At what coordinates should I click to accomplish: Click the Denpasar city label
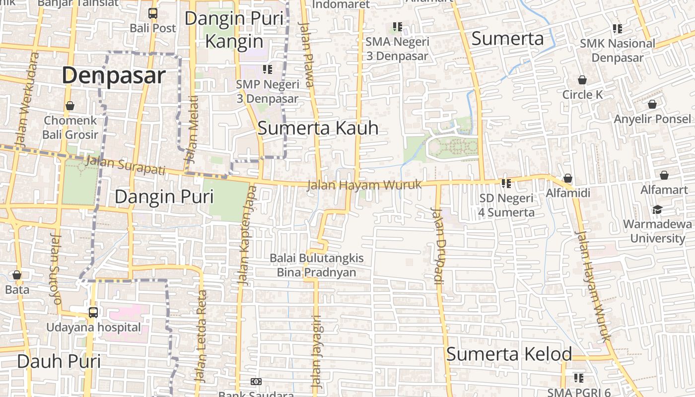click(x=114, y=75)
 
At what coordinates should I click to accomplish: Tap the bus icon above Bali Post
click(x=153, y=13)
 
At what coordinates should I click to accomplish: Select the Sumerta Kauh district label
click(x=318, y=128)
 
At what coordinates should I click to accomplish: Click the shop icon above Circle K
click(x=582, y=80)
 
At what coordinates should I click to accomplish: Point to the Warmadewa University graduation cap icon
click(x=657, y=209)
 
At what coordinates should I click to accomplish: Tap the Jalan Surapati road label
click(x=125, y=165)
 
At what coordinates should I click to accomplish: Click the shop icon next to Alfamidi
click(x=568, y=178)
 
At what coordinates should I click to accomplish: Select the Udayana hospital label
click(x=93, y=328)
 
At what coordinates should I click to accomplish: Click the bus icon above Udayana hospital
click(x=93, y=312)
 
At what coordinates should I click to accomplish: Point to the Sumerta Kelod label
click(x=509, y=354)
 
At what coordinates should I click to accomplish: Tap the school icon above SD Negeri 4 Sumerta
click(x=506, y=184)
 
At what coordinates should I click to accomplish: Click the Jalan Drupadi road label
click(x=438, y=246)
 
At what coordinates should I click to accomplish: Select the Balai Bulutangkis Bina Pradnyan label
click(x=316, y=265)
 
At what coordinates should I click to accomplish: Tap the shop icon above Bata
click(x=17, y=275)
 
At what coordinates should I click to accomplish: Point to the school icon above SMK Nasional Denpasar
click(x=617, y=29)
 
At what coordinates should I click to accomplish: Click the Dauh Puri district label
click(x=59, y=361)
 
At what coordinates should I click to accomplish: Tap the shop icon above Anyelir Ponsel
click(x=652, y=104)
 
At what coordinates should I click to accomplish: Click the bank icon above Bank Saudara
click(x=256, y=382)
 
